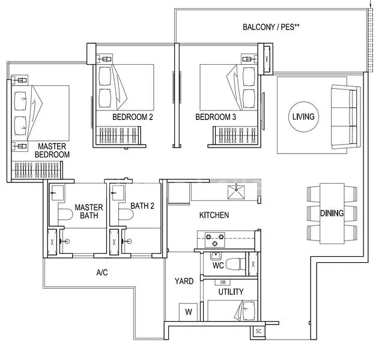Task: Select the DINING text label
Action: pyautogui.click(x=332, y=214)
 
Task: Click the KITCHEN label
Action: pyautogui.click(x=214, y=215)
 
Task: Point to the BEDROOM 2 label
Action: pyautogui.click(x=132, y=117)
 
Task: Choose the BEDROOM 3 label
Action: pyautogui.click(x=216, y=117)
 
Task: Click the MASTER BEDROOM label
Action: pyautogui.click(x=53, y=150)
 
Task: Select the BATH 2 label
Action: pyautogui.click(x=142, y=206)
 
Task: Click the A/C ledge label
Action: pyautogui.click(x=102, y=272)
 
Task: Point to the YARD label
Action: pyautogui.click(x=183, y=281)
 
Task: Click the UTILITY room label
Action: pyautogui.click(x=231, y=292)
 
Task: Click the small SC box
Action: pyautogui.click(x=259, y=331)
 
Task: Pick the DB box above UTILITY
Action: pyautogui.click(x=223, y=282)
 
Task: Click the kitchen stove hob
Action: pyautogui.click(x=214, y=238)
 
